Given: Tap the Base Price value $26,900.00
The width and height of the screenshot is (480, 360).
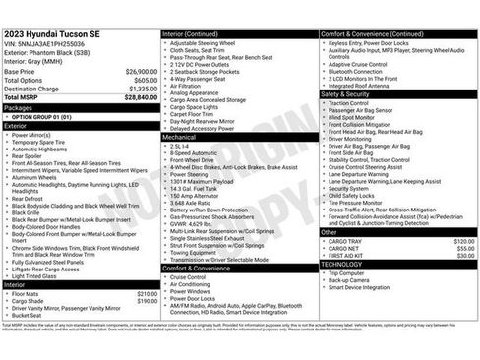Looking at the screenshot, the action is pos(141,72).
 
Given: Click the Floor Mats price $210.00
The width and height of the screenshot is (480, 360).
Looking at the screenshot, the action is pos(147,294).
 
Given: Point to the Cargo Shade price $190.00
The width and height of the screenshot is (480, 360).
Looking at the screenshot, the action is pos(147,302).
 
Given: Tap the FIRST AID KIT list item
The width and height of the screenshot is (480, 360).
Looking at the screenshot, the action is pos(350,256).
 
